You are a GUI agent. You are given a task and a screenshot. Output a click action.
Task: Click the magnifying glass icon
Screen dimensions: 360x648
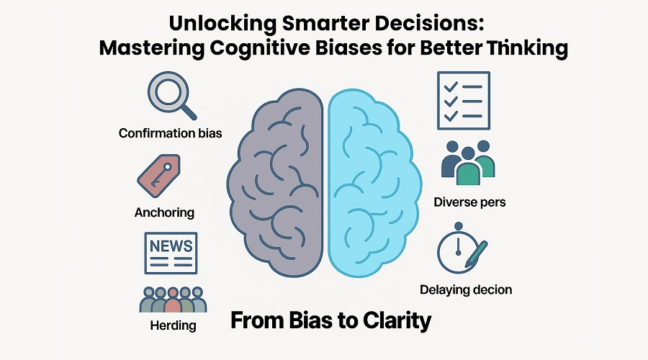pos(169,95)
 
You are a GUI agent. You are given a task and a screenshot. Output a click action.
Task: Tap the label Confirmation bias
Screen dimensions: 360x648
pos(170,133)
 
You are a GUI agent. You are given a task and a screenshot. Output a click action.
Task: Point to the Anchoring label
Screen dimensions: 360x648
pos(164,213)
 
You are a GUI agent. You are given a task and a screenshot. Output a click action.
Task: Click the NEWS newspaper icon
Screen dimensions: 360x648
pos(170,253)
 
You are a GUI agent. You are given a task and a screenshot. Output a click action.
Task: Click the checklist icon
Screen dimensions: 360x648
pos(463,100)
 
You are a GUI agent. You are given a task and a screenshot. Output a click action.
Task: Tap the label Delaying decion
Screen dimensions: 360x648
pos(466,290)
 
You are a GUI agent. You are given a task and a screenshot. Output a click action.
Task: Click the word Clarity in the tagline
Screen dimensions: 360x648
pos(397,320)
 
